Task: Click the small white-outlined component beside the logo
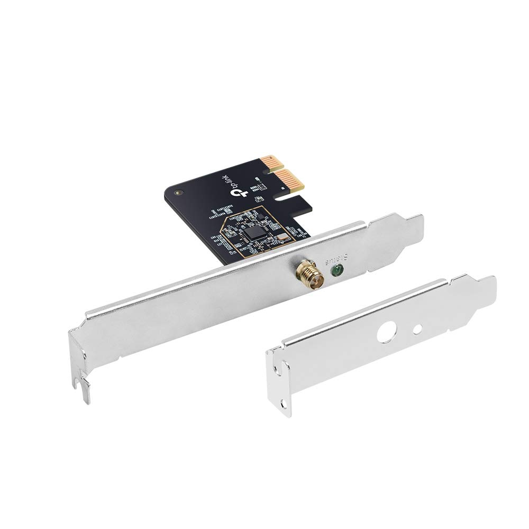click(x=259, y=199)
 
